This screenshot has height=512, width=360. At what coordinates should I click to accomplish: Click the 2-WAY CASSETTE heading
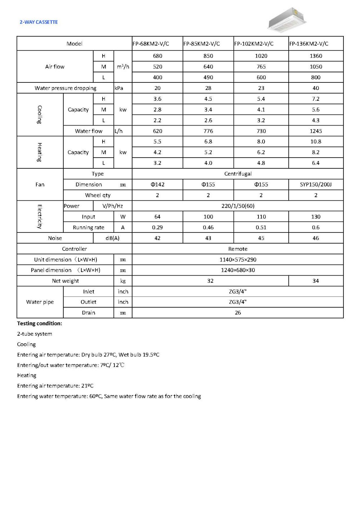[39, 22]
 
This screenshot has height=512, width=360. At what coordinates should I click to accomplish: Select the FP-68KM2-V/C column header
[151, 44]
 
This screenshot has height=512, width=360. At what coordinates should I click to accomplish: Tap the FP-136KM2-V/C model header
[309, 44]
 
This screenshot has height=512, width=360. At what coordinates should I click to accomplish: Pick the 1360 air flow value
[316, 56]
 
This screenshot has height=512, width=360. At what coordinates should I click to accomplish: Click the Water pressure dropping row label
[66, 88]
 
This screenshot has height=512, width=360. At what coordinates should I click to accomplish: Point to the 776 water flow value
[208, 131]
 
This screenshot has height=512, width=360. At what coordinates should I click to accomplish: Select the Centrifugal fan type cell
[238, 174]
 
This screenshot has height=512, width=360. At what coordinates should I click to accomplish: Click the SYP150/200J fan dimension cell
[316, 185]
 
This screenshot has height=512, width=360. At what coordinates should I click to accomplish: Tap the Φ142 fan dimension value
[157, 185]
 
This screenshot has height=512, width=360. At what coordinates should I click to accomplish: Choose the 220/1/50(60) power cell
[238, 206]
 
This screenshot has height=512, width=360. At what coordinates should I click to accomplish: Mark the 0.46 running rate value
[208, 227]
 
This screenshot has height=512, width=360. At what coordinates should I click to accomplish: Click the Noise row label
[55, 238]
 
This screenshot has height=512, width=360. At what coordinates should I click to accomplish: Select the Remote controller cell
[238, 249]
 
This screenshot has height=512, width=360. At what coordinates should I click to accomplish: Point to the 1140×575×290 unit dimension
[238, 260]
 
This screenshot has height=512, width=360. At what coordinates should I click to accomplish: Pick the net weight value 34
[316, 281]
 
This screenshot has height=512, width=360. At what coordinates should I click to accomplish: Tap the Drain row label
[89, 313]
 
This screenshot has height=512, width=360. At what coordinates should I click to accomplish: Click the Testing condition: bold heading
[40, 323]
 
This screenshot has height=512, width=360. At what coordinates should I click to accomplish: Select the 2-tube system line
[35, 334]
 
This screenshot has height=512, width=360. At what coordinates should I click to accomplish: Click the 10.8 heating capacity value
[316, 142]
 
